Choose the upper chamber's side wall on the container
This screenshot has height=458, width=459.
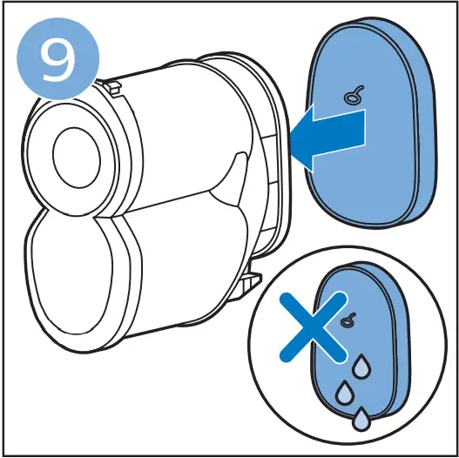click(174, 131)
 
